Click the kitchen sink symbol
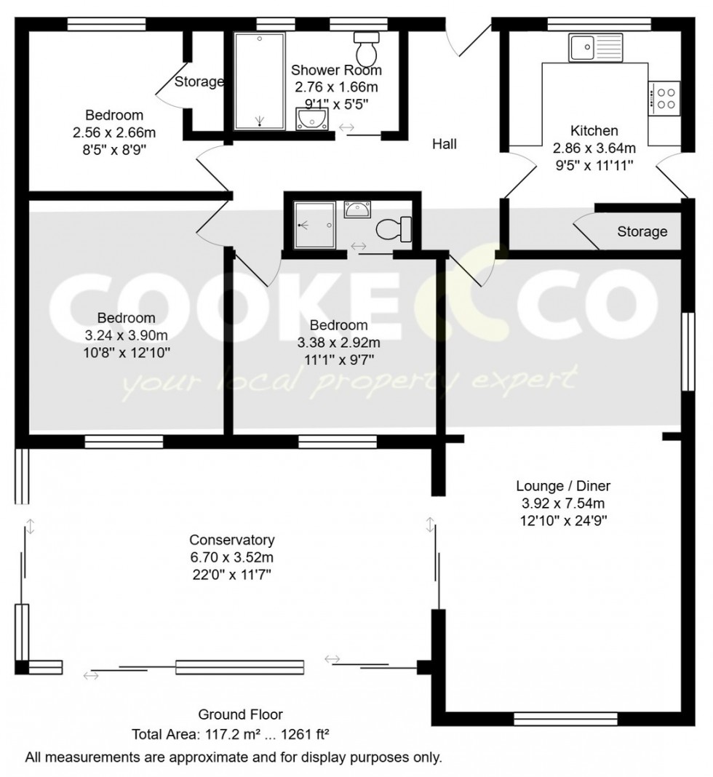pos(596,48)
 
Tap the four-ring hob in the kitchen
pos(664,97)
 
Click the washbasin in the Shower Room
pos(314,118)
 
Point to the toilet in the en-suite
pos(394,229)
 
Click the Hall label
pos(445,144)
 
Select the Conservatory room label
pos(231,540)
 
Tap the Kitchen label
pos(594,131)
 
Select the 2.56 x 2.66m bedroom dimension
pos(114,132)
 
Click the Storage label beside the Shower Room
pos(199,81)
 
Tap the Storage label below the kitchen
pos(642,231)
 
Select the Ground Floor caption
pos(240,714)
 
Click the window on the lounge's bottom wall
pos(565,719)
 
